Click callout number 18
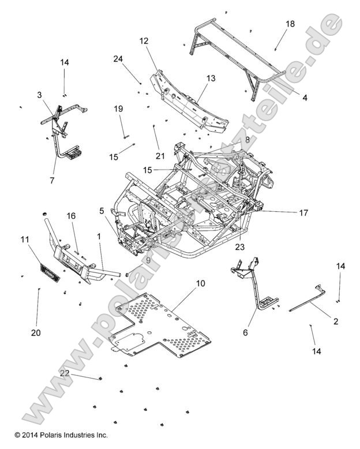290,24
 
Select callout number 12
144,41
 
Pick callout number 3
39,95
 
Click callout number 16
71,215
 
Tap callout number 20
36,332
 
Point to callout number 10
200,283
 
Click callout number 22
65,373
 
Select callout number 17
303,212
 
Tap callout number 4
305,98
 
